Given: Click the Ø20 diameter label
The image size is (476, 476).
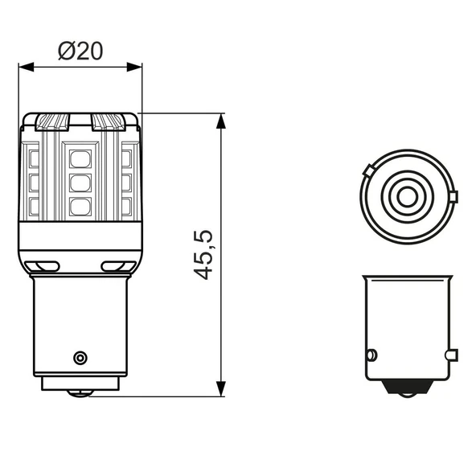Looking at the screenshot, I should [80, 51].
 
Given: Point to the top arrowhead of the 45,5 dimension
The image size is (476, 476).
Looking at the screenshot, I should [221, 119].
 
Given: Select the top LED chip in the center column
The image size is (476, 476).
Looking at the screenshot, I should [80, 157].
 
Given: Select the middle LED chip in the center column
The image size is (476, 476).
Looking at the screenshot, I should [80, 183].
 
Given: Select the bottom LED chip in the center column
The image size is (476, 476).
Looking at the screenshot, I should [80, 207].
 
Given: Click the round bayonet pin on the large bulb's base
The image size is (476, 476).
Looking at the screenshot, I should [79, 356].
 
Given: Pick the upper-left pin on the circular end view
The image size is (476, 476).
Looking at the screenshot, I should [367, 170].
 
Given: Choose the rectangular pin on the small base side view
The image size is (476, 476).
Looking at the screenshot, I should [453, 353].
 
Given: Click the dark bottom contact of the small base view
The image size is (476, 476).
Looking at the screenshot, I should [405, 387].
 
